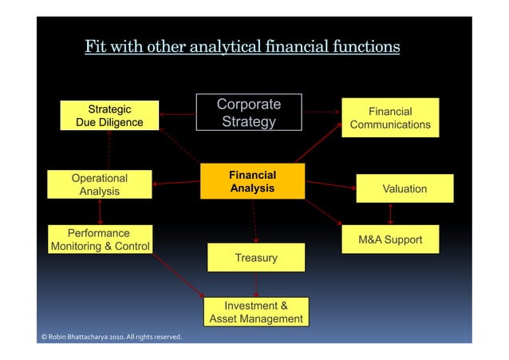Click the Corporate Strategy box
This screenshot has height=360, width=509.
249,113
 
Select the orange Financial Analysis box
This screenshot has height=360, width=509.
252,182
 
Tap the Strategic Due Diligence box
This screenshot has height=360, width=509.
109,116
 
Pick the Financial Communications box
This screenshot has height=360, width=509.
390,118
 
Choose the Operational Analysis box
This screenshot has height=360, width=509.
99,184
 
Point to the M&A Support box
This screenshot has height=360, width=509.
390,239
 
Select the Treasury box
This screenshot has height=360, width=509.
255,258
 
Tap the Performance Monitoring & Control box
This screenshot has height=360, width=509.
100,239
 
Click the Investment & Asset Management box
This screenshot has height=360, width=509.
255,312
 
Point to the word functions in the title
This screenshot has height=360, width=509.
364,46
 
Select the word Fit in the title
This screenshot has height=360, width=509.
96,46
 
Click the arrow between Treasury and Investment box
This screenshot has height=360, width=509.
255,284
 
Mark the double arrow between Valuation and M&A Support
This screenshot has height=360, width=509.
390,214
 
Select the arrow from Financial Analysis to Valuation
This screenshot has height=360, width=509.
330,184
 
